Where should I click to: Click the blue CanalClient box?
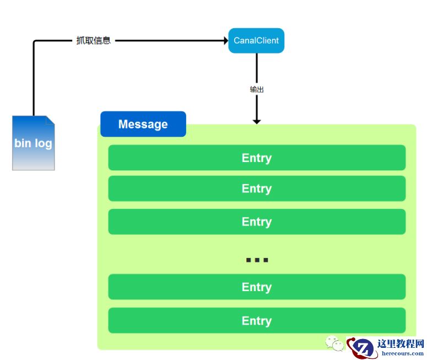(256, 41)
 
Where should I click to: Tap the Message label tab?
(143, 124)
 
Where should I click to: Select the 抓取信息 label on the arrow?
(93, 41)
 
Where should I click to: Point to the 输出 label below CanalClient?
(257, 89)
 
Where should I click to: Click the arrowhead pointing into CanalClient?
(225, 41)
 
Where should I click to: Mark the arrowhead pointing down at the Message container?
(257, 121)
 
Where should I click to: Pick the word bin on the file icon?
(23, 143)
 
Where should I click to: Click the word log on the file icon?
(44, 143)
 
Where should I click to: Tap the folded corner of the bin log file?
(50, 120)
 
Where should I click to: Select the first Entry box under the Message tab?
(257, 158)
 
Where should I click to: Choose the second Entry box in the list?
(257, 189)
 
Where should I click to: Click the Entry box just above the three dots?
(257, 222)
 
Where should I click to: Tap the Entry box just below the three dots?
(257, 287)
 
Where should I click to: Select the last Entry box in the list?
(257, 321)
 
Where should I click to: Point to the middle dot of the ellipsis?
(257, 260)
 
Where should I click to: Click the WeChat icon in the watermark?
(334, 344)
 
